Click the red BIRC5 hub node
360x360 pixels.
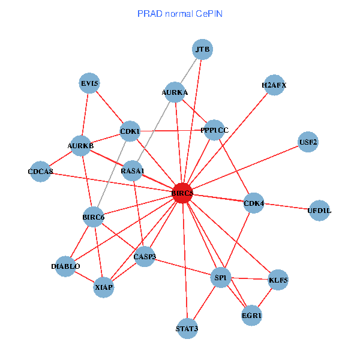[x=182, y=193]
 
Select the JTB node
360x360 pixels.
[x=203, y=49]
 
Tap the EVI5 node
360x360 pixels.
[x=90, y=84]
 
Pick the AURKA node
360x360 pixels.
[x=175, y=92]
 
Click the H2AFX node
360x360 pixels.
[x=274, y=85]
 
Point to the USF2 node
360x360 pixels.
[x=308, y=142]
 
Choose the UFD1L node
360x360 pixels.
[x=319, y=211]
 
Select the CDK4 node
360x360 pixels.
[x=254, y=204]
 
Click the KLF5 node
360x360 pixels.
[x=278, y=280]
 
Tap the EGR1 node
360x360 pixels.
[x=252, y=315]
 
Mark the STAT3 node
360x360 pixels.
[x=187, y=329]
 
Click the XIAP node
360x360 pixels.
[x=104, y=287]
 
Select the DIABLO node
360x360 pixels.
[x=65, y=266]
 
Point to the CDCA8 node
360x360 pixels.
[x=41, y=172]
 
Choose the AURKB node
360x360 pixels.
[x=81, y=146]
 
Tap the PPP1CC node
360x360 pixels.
[x=214, y=130]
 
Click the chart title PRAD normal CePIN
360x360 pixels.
[x=180, y=13]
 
